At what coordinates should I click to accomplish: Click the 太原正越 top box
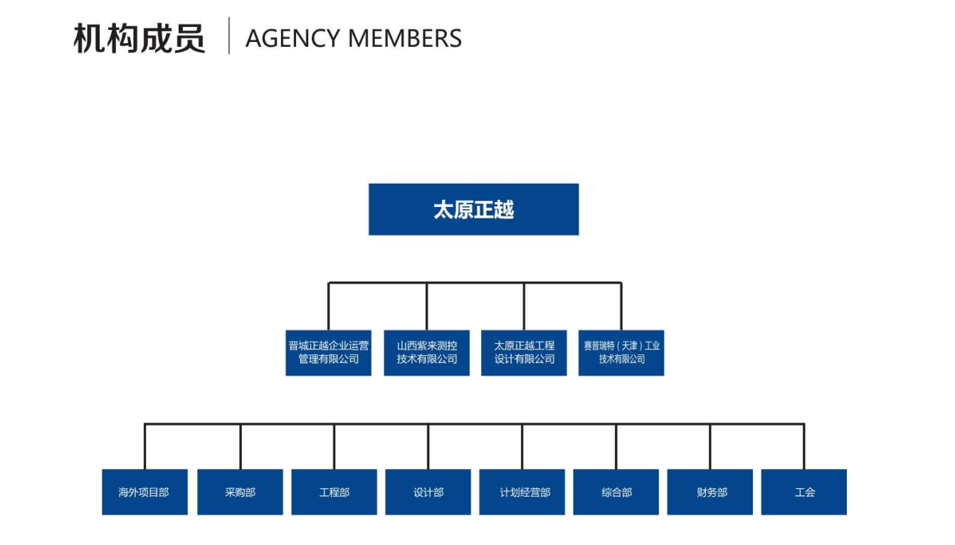pyautogui.click(x=473, y=209)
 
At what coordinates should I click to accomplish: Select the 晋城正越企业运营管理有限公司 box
pyautogui.click(x=328, y=352)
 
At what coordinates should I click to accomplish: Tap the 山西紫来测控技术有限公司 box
pyautogui.click(x=426, y=352)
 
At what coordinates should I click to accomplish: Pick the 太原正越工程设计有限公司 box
pyautogui.click(x=524, y=352)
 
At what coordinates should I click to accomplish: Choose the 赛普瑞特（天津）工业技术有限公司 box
pyautogui.click(x=621, y=352)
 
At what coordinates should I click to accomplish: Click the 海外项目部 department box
pyautogui.click(x=144, y=492)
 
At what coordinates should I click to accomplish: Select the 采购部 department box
pyautogui.click(x=240, y=492)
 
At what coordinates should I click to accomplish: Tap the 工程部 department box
pyautogui.click(x=334, y=492)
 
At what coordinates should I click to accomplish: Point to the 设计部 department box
pyautogui.click(x=428, y=492)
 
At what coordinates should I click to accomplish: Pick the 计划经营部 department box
pyautogui.click(x=522, y=492)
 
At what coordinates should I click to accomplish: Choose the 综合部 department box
pyautogui.click(x=616, y=492)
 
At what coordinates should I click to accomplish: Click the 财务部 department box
pyautogui.click(x=709, y=492)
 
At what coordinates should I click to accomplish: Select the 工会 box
pyautogui.click(x=804, y=492)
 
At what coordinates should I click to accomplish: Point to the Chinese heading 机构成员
pyautogui.click(x=139, y=38)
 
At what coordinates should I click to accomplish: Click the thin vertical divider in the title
pyautogui.click(x=229, y=36)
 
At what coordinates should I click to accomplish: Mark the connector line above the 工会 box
pyautogui.click(x=804, y=447)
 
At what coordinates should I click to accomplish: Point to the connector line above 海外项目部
pyautogui.click(x=144, y=447)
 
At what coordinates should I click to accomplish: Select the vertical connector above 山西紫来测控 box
pyautogui.click(x=427, y=306)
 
